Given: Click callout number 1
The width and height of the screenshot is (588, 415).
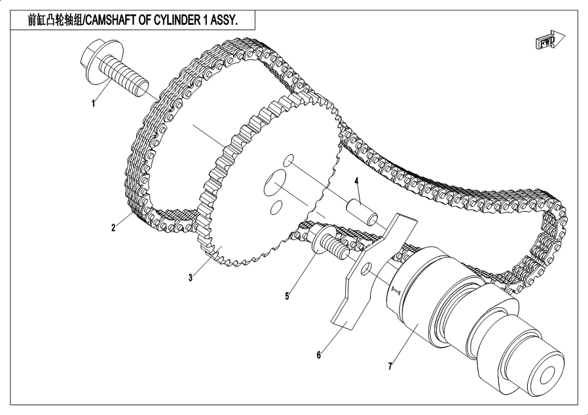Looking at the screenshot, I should coord(94,103).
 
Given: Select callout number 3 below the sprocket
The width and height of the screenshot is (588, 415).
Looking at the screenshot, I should coord(191,277).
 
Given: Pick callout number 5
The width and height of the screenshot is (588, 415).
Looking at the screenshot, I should coord(287,295).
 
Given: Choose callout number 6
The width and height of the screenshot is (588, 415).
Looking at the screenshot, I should coord(319,355).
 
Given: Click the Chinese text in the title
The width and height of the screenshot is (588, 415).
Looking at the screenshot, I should coord(45,20).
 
